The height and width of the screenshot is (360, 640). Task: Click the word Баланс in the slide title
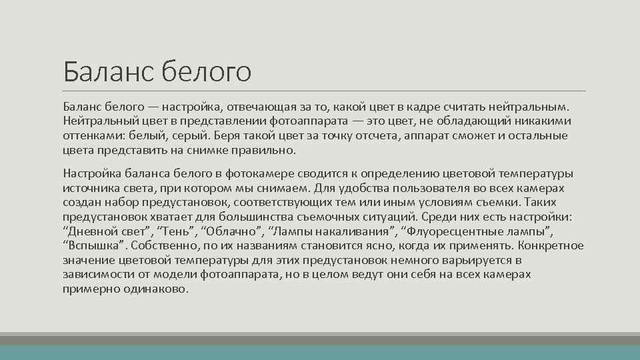tap(107, 71)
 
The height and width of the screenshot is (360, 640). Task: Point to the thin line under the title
tap(325, 91)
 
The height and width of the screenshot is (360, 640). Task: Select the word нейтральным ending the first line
tap(531, 107)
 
